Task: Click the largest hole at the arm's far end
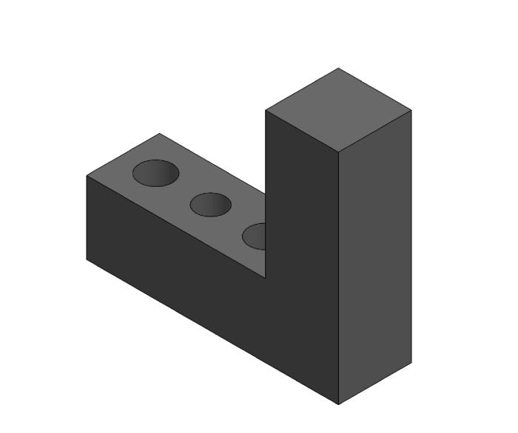click(155, 173)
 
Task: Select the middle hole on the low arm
click(210, 204)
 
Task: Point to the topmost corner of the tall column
click(338, 69)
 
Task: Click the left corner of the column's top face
click(266, 111)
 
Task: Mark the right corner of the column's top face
click(411, 111)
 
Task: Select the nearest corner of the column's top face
click(339, 152)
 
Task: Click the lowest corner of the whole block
click(339, 404)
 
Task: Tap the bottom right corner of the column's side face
click(411, 363)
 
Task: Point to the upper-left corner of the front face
click(87, 176)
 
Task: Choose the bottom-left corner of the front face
click(87, 259)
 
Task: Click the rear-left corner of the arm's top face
click(159, 134)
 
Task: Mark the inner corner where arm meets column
click(266, 278)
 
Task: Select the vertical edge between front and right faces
click(339, 281)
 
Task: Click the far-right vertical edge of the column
click(411, 236)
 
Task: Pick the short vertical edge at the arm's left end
click(87, 218)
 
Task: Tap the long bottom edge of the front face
click(213, 332)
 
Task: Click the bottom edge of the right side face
click(375, 383)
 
